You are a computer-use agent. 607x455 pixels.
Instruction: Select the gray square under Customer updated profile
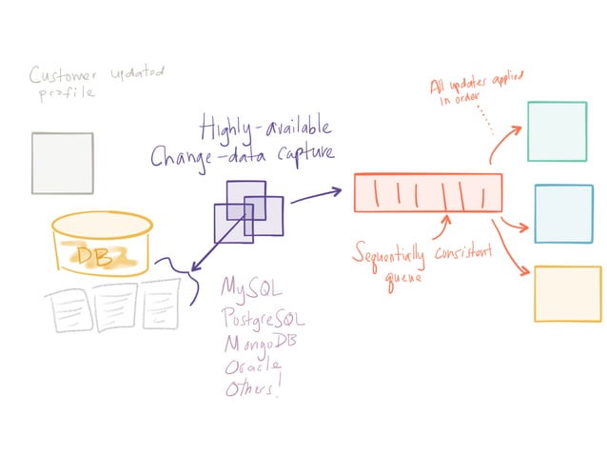click(62, 163)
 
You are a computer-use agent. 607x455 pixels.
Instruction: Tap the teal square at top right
click(557, 131)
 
